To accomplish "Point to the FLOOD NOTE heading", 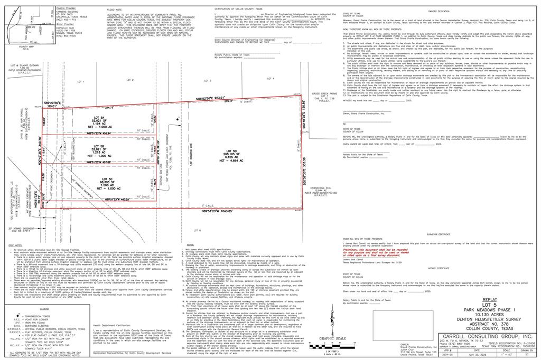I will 115,10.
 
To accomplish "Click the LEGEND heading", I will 44,309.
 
